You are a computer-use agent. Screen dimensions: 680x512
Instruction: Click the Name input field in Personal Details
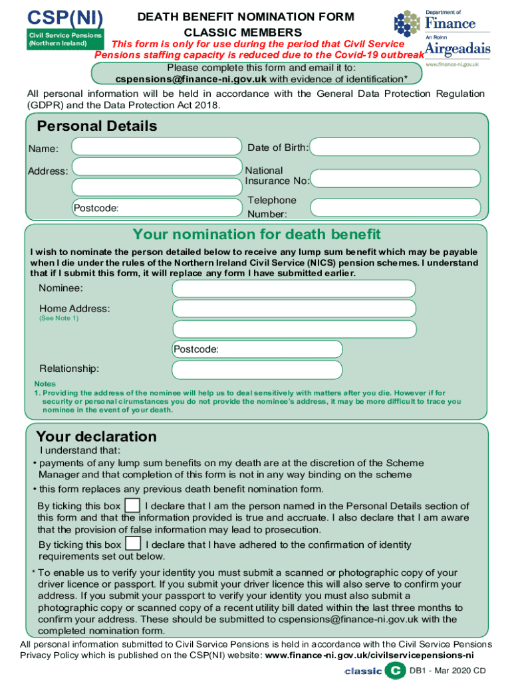156,147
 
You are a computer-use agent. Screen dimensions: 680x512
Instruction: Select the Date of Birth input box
395,147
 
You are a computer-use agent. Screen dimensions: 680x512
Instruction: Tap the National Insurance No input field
395,178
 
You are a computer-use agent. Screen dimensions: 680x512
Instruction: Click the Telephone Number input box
395,208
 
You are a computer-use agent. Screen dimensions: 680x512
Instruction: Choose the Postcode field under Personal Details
156,208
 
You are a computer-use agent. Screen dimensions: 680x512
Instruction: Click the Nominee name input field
294,288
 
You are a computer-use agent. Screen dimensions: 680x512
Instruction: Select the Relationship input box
257,369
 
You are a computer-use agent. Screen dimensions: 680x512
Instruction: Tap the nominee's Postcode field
257,349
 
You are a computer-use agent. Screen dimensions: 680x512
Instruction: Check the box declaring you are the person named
133,505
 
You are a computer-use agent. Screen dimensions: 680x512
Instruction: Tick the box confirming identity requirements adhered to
133,544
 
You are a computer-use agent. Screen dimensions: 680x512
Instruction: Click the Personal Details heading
97,126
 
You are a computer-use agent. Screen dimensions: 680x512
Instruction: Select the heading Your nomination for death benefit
257,234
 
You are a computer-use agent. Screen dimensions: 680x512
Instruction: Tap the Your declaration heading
96,436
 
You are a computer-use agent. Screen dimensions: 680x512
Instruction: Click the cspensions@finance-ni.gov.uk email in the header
192,78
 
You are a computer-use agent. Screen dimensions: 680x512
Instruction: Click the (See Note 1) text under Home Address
59,318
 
